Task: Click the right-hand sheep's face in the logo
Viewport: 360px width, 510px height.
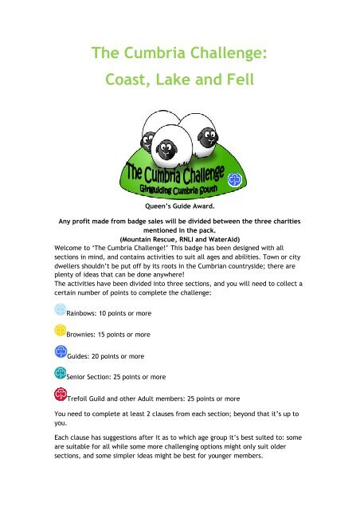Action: point(202,132)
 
